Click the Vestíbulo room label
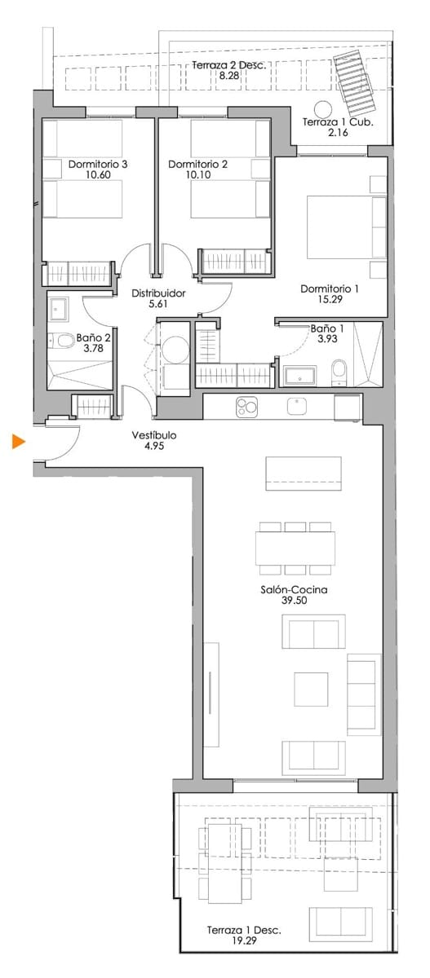(x=154, y=435)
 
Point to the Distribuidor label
(x=159, y=293)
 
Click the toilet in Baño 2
(x=62, y=341)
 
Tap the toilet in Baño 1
(x=339, y=375)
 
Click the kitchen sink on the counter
(x=295, y=404)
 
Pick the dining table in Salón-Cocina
(x=295, y=548)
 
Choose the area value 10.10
(x=197, y=174)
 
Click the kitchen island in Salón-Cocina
(x=304, y=473)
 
